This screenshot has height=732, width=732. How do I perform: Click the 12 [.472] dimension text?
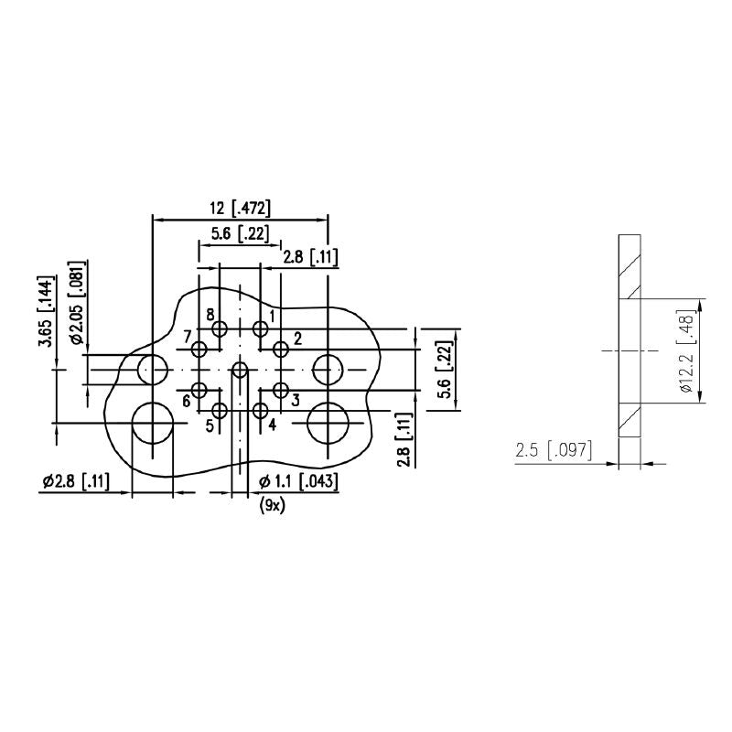[x=240, y=209]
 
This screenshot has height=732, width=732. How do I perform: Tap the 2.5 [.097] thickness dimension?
[x=554, y=451]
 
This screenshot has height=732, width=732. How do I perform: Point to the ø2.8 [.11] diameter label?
[x=76, y=481]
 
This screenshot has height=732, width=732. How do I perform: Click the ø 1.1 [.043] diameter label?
[x=298, y=481]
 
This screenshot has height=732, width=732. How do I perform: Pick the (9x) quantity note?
[x=272, y=506]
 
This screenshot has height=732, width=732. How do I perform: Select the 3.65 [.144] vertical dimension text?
[x=46, y=312]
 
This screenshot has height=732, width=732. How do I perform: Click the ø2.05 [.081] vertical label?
[x=79, y=303]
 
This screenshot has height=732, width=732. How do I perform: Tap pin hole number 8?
[x=220, y=328]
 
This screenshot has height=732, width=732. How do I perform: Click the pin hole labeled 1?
[x=260, y=328]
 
